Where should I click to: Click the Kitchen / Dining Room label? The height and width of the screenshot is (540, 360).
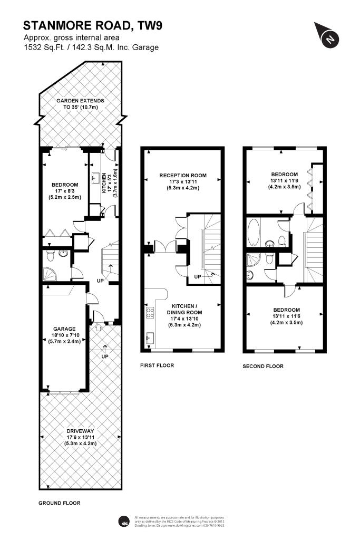pos(183,312)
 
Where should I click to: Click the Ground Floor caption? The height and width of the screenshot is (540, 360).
pos(60,503)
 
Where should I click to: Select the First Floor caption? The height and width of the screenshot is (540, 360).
pos(157,365)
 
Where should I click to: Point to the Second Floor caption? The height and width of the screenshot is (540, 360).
pos(262,366)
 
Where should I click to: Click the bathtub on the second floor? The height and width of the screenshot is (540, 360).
pos(253,232)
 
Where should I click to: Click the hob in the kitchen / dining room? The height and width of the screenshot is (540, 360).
pos(149,313)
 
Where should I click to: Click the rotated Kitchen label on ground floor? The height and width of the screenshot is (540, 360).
pos(104,182)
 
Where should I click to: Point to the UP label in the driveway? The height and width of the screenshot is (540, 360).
pos(105,357)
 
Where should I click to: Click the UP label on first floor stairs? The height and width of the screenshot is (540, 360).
pos(198,277)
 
